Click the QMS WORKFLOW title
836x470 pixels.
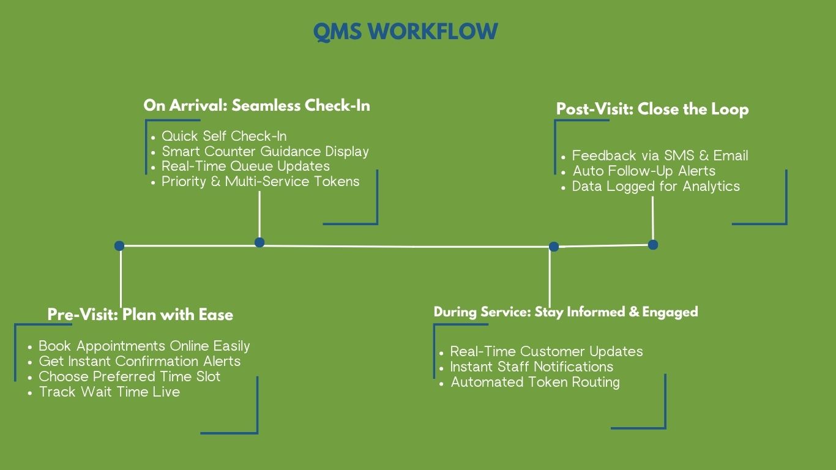point(405,32)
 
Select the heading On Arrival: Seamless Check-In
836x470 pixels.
point(256,105)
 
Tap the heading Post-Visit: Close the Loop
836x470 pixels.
point(652,110)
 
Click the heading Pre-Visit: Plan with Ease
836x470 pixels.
point(140,315)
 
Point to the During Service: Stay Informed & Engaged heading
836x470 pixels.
point(565,312)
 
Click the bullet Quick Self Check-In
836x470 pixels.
point(224,136)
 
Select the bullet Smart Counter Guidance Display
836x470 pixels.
point(265,151)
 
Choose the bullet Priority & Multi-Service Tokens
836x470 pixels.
point(260,181)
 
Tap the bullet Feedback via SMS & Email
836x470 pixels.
point(660,155)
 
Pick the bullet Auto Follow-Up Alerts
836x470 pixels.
point(644,171)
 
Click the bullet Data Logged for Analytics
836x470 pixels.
point(655,186)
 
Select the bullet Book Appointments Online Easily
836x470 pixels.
point(144,346)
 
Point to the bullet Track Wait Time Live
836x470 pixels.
point(110,392)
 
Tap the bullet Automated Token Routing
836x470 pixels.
point(535,382)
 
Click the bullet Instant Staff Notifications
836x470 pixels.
point(531,367)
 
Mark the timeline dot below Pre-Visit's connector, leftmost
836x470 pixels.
point(119,246)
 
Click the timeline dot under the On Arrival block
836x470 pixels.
point(259,242)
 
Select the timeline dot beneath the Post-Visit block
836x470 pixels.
point(653,245)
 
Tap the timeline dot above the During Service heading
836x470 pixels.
point(554,247)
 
